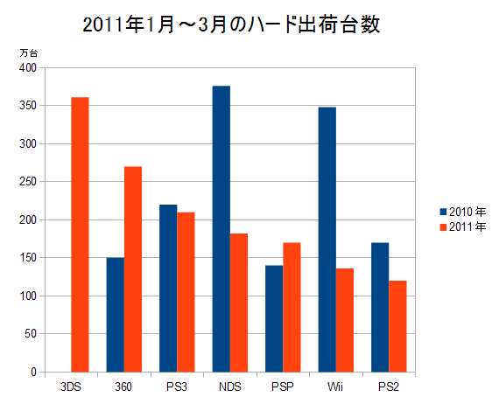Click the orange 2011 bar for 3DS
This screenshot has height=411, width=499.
coord(80,234)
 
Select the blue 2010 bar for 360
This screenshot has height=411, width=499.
coord(116,315)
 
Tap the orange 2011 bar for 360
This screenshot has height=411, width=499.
coord(133,269)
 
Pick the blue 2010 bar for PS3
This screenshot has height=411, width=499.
coord(168,289)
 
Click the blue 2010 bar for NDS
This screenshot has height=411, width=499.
coord(221,229)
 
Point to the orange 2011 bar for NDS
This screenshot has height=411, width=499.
coord(239,303)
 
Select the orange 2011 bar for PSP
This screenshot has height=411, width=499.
coord(292,308)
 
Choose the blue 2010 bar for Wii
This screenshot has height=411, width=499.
coord(327,240)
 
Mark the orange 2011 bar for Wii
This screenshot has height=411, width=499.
coord(345,320)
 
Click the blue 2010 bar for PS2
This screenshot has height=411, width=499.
coord(380,308)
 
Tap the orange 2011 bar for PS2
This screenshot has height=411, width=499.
coord(397,326)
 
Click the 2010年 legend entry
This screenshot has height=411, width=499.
coord(463,212)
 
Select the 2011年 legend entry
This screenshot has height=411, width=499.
coord(463,227)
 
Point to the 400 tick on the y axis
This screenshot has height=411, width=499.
coord(28,67)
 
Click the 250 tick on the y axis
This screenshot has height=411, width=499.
coord(28,182)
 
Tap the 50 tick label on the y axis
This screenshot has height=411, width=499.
coord(31,334)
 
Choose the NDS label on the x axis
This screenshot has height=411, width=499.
coord(230,387)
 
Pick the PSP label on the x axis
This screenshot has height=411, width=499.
coord(283,387)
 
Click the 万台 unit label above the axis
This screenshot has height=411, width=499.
coord(29,52)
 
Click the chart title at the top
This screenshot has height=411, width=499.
coord(231,24)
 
